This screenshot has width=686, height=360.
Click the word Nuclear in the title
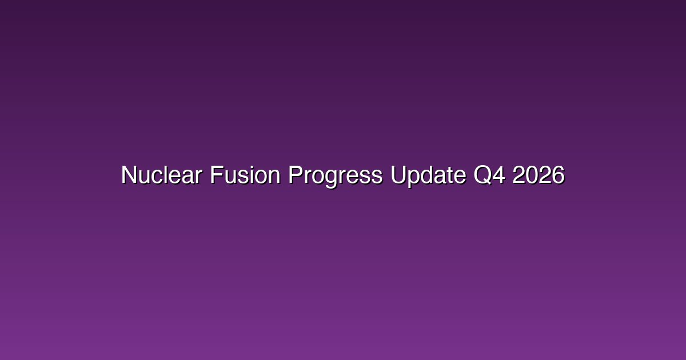pyautogui.click(x=162, y=175)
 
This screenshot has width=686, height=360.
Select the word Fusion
pyautogui.click(x=245, y=175)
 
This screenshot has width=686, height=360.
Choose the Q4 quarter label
pyautogui.click(x=489, y=175)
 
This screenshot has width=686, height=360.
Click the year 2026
pyautogui.click(x=539, y=175)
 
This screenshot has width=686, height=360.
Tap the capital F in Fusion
pyautogui.click(x=217, y=175)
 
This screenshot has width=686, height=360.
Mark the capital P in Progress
pyautogui.click(x=296, y=175)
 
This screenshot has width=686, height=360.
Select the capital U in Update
pyautogui.click(x=399, y=175)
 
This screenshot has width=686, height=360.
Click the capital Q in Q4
pyautogui.click(x=482, y=175)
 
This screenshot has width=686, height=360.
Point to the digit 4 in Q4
pyautogui.click(x=499, y=175)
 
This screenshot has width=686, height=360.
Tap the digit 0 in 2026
pyautogui.click(x=532, y=175)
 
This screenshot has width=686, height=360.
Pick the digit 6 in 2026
pyautogui.click(x=559, y=175)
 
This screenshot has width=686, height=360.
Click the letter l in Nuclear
pyautogui.click(x=166, y=175)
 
